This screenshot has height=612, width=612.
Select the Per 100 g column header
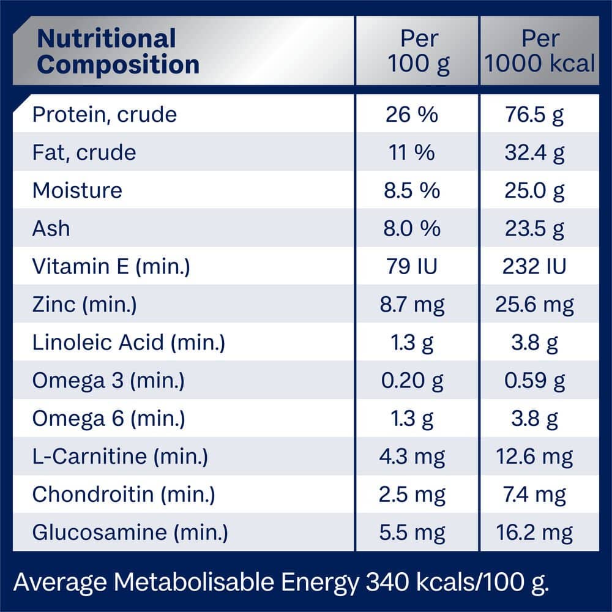point(419,51)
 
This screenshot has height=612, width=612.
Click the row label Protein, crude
point(104,114)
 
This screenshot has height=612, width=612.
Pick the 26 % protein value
point(412,114)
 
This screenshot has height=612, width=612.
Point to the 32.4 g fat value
point(534,152)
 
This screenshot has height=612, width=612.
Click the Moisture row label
point(77,190)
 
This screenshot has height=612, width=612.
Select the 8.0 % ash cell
point(412,228)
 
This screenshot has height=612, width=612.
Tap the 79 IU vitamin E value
point(412,266)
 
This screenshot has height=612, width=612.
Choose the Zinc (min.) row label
point(84,304)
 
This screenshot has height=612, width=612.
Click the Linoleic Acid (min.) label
point(129,342)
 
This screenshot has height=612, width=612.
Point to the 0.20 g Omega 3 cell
point(412,381)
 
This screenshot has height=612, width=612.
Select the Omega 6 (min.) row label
point(108,419)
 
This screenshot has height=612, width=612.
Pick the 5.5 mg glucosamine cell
point(412,532)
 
